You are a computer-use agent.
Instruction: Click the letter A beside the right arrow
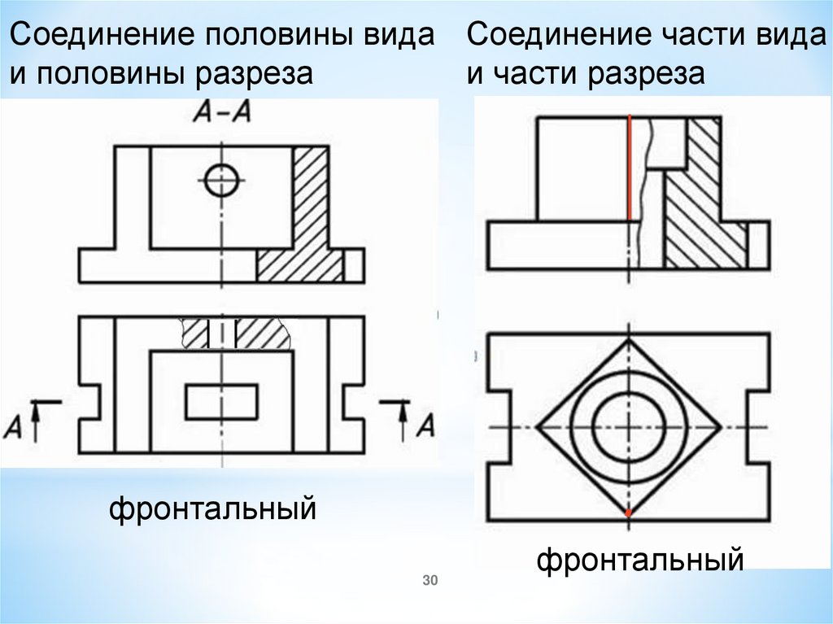tap(426, 424)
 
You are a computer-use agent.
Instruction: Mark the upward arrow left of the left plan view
tap(37, 418)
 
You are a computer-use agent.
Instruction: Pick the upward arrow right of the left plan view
tap(403, 418)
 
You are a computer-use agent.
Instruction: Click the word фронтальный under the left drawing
tap(213, 510)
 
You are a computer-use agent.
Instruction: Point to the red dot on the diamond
tap(629, 514)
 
